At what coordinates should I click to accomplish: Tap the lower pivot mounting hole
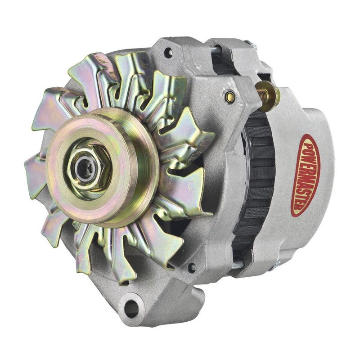pyautogui.click(x=131, y=308)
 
